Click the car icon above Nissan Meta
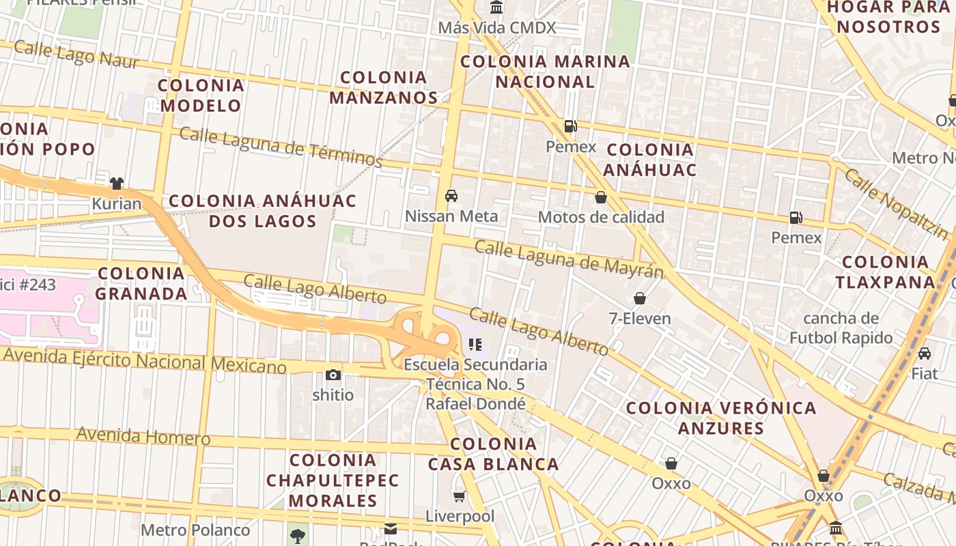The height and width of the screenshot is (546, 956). tap(451, 196)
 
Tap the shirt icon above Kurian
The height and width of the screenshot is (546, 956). tap(117, 183)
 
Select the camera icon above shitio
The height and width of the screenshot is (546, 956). tap(333, 375)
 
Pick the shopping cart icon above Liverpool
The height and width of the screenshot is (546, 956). tap(460, 496)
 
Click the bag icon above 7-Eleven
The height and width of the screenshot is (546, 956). tap(640, 298)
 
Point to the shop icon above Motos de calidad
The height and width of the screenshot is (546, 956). tap(601, 197)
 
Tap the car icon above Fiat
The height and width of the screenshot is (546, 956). tap(925, 354)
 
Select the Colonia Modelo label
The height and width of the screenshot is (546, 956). tap(201, 96)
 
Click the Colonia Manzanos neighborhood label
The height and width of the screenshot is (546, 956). tap(383, 87)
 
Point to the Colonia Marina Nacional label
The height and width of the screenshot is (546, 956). tap(545, 72)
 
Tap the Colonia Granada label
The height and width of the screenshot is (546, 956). tap(141, 283)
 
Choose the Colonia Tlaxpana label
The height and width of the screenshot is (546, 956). tap(886, 272)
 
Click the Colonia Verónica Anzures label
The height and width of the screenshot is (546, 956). tap(721, 418)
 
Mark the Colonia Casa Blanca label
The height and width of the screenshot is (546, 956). tap(493, 454)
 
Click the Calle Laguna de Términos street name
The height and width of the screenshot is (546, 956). tap(281, 145)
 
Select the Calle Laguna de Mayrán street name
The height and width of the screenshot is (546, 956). tap(569, 259)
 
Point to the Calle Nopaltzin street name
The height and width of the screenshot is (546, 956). tap(896, 203)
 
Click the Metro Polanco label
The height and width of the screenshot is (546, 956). tap(195, 530)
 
